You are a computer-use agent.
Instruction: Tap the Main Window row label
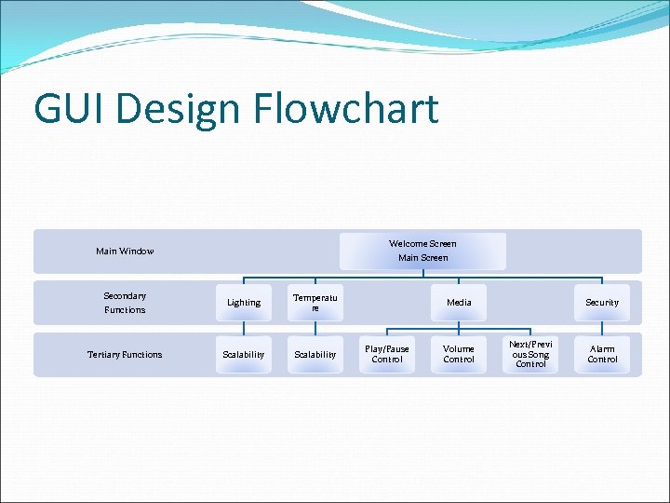coord(125,251)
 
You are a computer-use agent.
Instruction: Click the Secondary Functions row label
coord(125,303)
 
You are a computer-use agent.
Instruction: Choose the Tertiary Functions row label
coord(125,354)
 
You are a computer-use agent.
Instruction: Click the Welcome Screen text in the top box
coord(422,243)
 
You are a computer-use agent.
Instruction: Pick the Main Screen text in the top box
coord(422,257)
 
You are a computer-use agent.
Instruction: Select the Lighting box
coord(244,302)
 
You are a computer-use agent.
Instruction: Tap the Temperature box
coord(315,302)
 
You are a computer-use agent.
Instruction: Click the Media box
coord(459,302)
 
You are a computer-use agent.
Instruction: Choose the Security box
coord(602,302)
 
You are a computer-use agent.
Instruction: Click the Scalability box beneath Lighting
coord(244,354)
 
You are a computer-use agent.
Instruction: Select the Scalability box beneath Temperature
coord(315,354)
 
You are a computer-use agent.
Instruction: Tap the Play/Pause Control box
coord(387,354)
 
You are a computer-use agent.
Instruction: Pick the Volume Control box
coord(459,354)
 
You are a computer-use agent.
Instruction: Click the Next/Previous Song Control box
coord(530,354)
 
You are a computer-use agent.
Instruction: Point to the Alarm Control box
coord(602,354)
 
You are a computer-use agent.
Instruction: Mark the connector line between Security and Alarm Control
coord(602,328)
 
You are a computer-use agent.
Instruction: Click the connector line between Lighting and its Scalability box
coord(244,328)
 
